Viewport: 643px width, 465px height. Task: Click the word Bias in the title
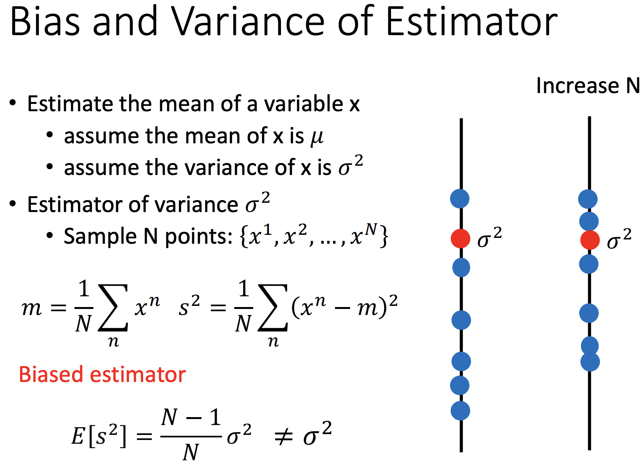pyautogui.click(x=45, y=21)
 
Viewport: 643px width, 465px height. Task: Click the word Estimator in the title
pyautogui.click(x=472, y=21)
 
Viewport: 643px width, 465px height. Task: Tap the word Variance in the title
pyautogui.click(x=249, y=21)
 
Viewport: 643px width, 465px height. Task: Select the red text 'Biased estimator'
pyautogui.click(x=103, y=375)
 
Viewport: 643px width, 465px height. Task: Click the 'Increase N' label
pyautogui.click(x=588, y=86)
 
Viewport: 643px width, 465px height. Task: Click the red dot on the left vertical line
pyautogui.click(x=460, y=238)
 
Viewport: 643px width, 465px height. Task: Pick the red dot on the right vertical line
pyautogui.click(x=590, y=240)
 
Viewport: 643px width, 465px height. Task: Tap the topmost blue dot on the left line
pyautogui.click(x=460, y=199)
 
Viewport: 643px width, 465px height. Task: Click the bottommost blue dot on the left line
pyautogui.click(x=460, y=411)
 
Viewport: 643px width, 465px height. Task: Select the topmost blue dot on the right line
pyautogui.click(x=588, y=199)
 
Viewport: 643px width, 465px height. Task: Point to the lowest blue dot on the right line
pyautogui.click(x=590, y=361)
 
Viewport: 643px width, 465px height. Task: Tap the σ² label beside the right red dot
pyautogui.click(x=619, y=239)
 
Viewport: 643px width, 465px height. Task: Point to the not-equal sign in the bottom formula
pyautogui.click(x=284, y=438)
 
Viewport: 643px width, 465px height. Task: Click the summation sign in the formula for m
pyautogui.click(x=113, y=307)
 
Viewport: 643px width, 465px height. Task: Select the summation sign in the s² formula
pyautogui.click(x=273, y=307)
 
